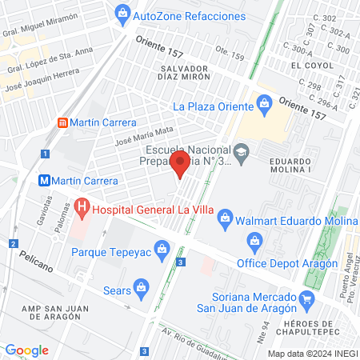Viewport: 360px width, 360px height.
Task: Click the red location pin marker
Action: tap(181, 166)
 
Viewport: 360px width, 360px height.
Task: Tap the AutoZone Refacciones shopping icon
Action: tap(122, 13)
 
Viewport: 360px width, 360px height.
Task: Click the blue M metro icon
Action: tap(46, 180)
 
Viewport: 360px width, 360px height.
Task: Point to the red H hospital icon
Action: tap(82, 210)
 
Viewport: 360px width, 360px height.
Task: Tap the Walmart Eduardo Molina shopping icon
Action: tap(226, 216)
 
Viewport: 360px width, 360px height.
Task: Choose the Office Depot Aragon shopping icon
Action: tap(254, 240)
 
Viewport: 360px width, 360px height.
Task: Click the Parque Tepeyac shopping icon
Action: tap(162, 250)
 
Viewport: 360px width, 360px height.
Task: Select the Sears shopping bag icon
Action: tap(141, 286)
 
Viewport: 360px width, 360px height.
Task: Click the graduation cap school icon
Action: tap(241, 150)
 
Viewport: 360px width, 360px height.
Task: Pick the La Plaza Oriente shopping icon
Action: tap(264, 103)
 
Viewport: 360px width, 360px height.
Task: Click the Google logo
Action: tap(26, 350)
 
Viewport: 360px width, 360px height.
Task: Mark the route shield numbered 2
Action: tap(13, 243)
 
